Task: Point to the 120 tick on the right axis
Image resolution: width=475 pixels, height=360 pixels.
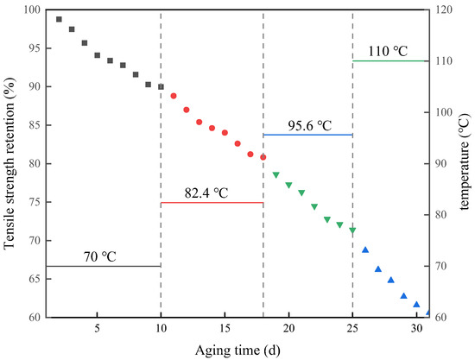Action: pos(445,10)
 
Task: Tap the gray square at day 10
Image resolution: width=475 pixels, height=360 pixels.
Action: pos(161,86)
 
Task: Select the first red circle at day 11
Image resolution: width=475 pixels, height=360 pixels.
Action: pos(174,96)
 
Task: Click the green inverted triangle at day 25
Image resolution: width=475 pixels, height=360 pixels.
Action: pos(352,231)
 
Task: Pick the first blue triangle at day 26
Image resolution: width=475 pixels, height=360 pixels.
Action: pos(365,249)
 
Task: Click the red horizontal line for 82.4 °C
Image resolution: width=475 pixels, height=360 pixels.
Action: pos(212,203)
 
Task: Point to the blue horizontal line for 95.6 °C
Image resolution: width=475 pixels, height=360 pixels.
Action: pos(307,135)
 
